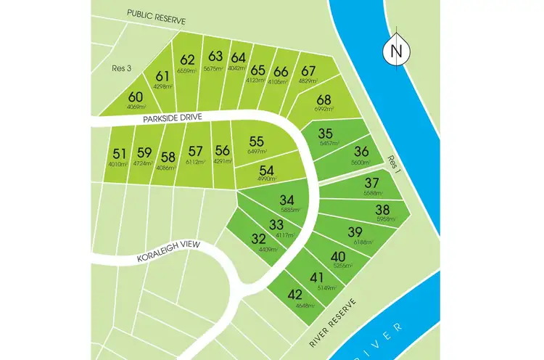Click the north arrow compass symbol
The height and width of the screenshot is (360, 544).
tap(395, 50)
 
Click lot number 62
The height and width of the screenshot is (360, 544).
tap(188, 60)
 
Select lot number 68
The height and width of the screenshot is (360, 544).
tap(324, 99)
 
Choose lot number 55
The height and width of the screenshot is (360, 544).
tap(256, 142)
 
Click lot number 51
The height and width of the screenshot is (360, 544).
tap(120, 153)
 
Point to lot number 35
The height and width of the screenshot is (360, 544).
tap(326, 134)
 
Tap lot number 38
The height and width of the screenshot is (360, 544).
tap(382, 209)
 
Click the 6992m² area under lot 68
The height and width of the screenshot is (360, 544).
tap(324, 109)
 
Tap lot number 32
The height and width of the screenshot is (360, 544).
tap(259, 239)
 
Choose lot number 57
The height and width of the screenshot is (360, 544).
tap(194, 151)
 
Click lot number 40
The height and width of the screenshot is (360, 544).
tap(338, 256)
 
